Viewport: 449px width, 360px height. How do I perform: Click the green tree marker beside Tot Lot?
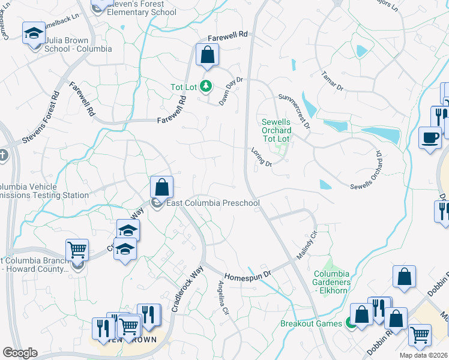point(206,87)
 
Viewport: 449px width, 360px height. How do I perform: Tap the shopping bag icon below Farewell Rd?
point(207,55)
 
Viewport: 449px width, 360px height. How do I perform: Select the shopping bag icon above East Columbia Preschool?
point(161,187)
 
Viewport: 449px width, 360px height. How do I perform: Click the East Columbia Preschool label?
point(212,203)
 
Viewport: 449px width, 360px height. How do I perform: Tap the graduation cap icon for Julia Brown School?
point(34,33)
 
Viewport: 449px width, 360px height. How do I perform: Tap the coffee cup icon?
point(429,137)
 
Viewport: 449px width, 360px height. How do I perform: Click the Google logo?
point(20,353)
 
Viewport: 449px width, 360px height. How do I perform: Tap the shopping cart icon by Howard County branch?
point(77,250)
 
